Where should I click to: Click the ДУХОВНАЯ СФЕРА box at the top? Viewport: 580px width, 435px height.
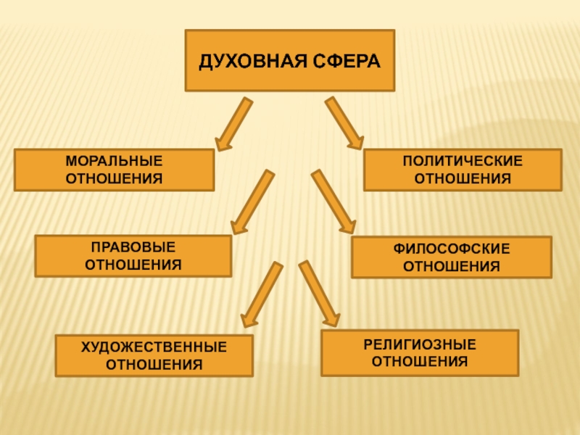(290, 60)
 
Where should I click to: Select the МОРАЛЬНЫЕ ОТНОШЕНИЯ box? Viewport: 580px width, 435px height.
(115, 170)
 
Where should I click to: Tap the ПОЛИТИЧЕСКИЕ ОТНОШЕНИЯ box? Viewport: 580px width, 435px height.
(462, 170)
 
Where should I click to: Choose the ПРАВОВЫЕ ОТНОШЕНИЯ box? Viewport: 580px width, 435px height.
(133, 256)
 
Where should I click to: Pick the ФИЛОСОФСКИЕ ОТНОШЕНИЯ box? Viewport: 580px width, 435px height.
(451, 257)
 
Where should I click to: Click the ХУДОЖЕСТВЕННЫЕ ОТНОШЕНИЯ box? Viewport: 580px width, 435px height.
(154, 355)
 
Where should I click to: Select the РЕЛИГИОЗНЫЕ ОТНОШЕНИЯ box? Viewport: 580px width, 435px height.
(420, 352)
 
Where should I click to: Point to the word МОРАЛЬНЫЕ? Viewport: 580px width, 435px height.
(115, 161)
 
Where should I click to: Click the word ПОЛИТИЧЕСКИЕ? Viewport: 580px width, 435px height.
(462, 161)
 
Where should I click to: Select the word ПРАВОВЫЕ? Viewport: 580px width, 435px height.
(133, 247)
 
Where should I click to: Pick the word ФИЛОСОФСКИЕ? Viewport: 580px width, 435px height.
(451, 249)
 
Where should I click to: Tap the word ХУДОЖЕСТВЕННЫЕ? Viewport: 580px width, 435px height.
(154, 347)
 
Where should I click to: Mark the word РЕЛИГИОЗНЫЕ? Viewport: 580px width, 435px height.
(420, 344)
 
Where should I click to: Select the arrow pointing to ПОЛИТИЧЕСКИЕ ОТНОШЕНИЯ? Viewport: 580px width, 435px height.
(344, 123)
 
